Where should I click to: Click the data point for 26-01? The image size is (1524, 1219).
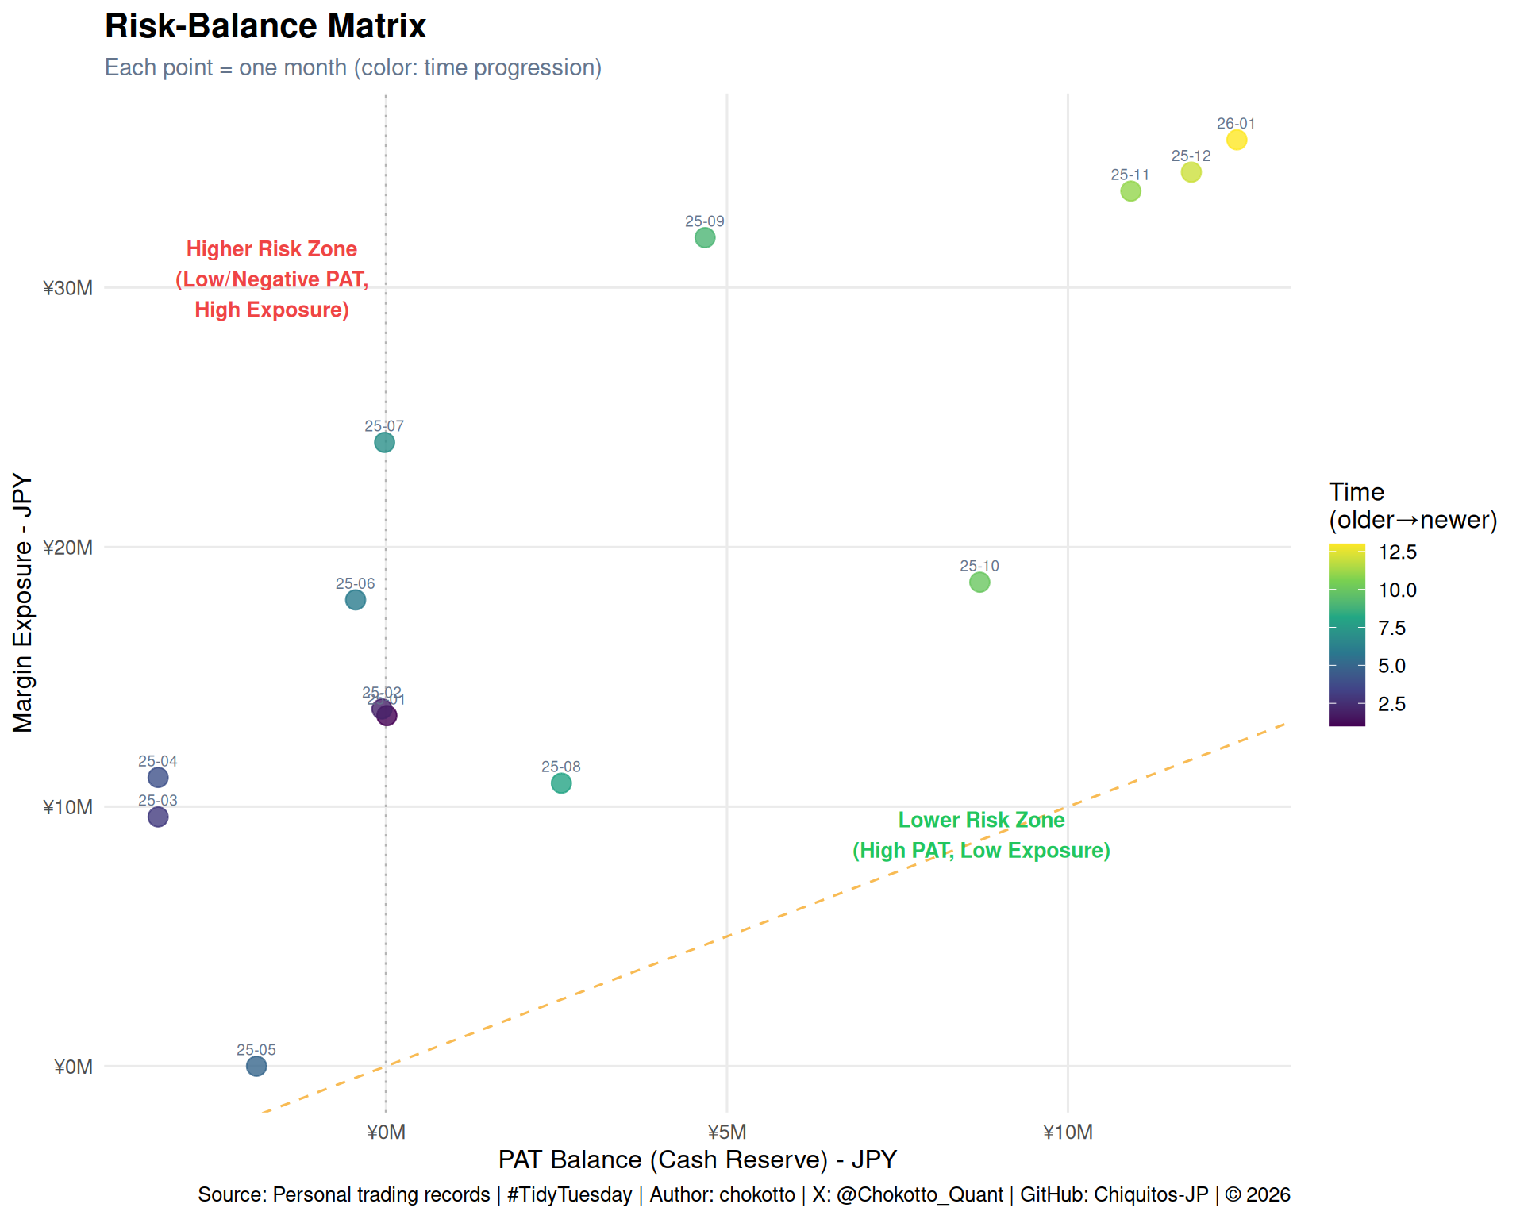point(1236,140)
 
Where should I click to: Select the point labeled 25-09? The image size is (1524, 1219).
point(705,238)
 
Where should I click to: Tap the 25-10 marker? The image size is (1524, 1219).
point(979,583)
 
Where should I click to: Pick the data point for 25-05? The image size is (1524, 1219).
point(256,1066)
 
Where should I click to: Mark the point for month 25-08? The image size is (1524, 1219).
point(561,783)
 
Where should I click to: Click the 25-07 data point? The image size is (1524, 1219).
point(384,442)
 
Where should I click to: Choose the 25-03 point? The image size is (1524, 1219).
point(158,817)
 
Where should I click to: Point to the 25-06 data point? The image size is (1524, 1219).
point(356,600)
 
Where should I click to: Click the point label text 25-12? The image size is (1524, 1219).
point(1191,156)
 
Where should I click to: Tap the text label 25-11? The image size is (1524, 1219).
point(1130,175)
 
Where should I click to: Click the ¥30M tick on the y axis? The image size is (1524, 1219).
point(68,288)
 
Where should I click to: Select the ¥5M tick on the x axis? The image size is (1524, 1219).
point(726,1132)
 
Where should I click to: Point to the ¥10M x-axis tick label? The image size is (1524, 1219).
point(1068,1132)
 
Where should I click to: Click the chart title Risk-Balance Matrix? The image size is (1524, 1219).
point(265,26)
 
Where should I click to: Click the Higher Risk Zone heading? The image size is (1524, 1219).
point(271,249)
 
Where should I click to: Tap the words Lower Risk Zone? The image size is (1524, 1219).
point(981,820)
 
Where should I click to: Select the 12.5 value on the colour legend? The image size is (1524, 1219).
point(1397,552)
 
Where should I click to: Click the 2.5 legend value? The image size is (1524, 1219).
point(1391,704)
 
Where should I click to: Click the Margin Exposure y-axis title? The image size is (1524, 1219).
point(22,603)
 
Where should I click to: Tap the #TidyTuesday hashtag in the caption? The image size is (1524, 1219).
point(569,1194)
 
